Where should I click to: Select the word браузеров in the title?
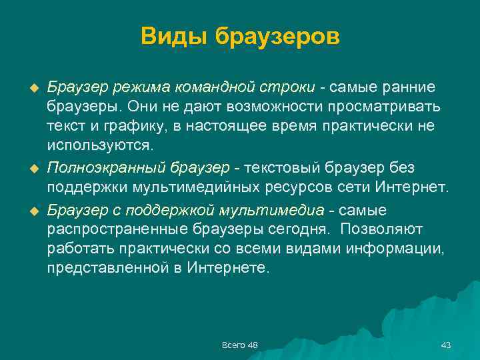coord(277,36)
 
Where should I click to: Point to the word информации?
coord(405,249)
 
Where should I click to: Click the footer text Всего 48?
coord(240,345)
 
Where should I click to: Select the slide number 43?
coord(446,345)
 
